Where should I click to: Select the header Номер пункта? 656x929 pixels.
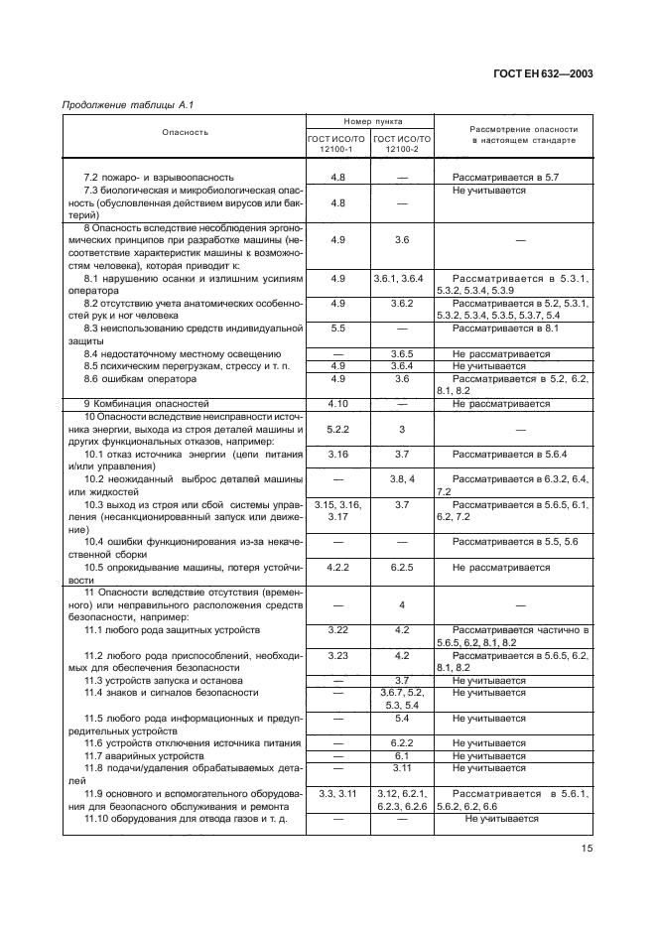[x=369, y=119]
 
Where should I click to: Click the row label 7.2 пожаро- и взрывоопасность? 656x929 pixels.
[x=158, y=176]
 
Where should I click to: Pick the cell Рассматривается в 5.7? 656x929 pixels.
[x=506, y=176]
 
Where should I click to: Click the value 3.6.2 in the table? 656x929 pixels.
[x=402, y=303]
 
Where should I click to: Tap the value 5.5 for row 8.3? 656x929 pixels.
[x=337, y=328]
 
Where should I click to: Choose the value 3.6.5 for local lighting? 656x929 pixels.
[x=402, y=353]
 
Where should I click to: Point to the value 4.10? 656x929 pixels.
[x=337, y=404]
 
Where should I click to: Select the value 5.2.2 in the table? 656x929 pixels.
[x=337, y=429]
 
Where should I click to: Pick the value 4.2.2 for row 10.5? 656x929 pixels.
[x=337, y=568]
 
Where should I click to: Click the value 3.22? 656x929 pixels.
[x=337, y=630]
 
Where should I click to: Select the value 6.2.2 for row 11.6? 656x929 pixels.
[x=402, y=742]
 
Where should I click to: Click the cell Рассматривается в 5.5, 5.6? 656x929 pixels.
[x=514, y=542]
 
